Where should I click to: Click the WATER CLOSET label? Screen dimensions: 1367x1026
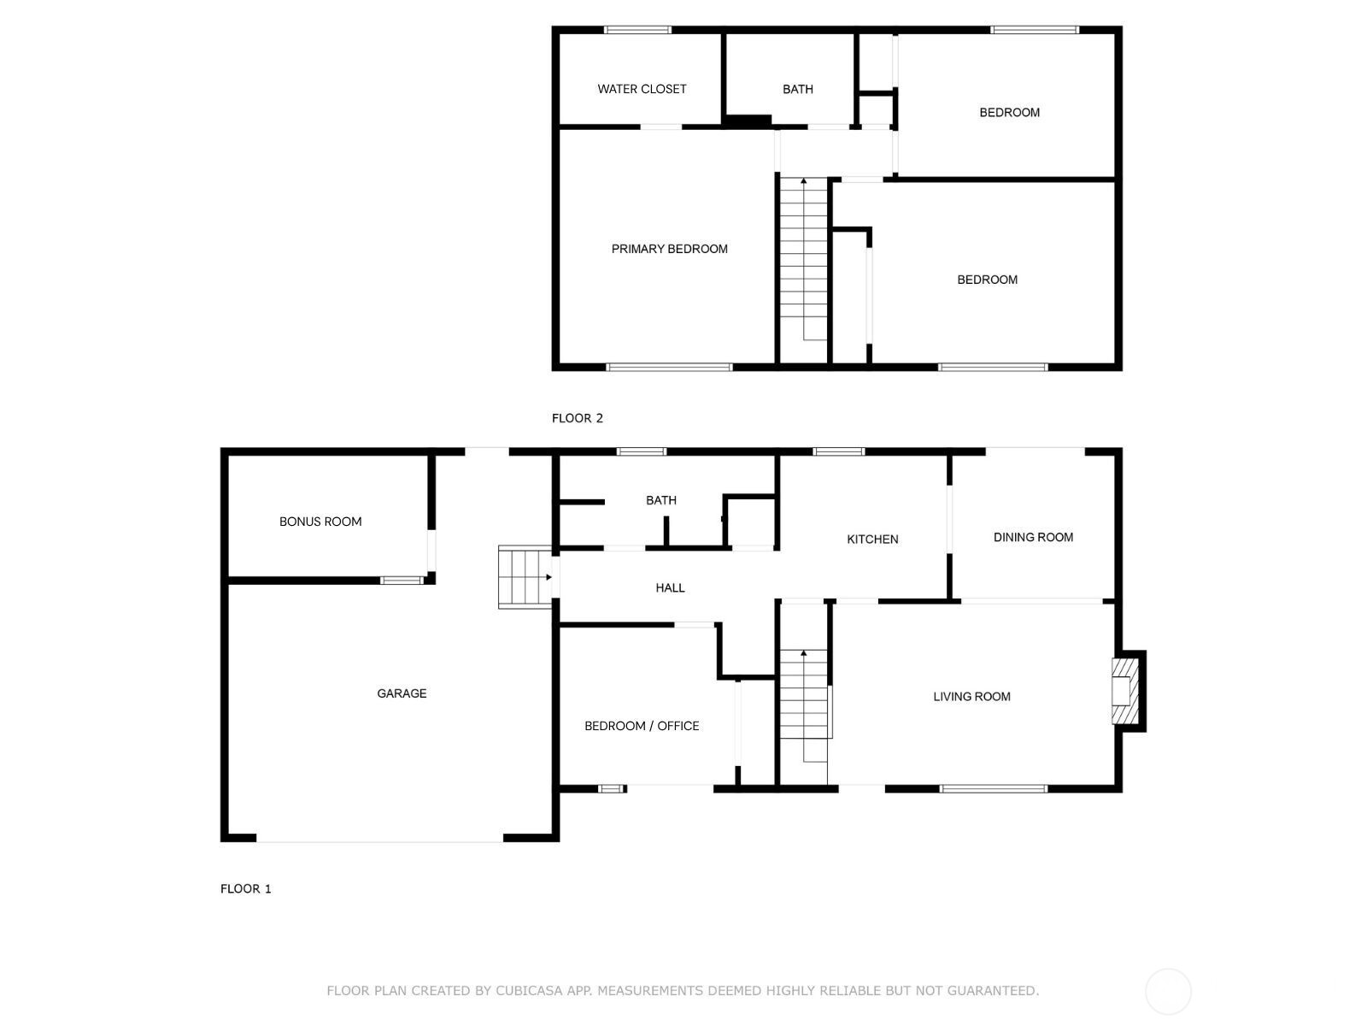(x=642, y=89)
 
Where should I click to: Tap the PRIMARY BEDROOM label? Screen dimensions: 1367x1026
(x=669, y=249)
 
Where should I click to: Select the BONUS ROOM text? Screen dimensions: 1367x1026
(x=320, y=522)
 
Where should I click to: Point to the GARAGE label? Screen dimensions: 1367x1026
(x=401, y=693)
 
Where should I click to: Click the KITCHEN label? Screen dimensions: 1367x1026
(x=872, y=540)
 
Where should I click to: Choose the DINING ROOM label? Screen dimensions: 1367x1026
(x=1033, y=537)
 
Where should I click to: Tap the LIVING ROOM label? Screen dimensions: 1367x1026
(x=971, y=697)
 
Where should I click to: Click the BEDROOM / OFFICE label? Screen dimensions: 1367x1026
(x=642, y=726)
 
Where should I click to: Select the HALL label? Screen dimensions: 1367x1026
(x=670, y=587)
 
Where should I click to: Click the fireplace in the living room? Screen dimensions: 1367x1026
(x=1127, y=691)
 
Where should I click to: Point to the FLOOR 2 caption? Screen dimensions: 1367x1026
(x=577, y=418)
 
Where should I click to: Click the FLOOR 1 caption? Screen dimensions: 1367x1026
(x=245, y=888)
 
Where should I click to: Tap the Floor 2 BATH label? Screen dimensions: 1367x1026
(x=797, y=89)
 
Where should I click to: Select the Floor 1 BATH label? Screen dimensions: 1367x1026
(x=660, y=500)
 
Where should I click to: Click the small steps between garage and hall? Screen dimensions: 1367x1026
(x=525, y=577)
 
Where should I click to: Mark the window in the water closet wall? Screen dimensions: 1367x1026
(x=637, y=30)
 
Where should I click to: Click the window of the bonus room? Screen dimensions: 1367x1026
(x=402, y=581)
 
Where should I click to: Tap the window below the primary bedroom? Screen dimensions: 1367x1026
(x=669, y=368)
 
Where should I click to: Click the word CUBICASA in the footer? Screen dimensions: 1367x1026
(x=529, y=990)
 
